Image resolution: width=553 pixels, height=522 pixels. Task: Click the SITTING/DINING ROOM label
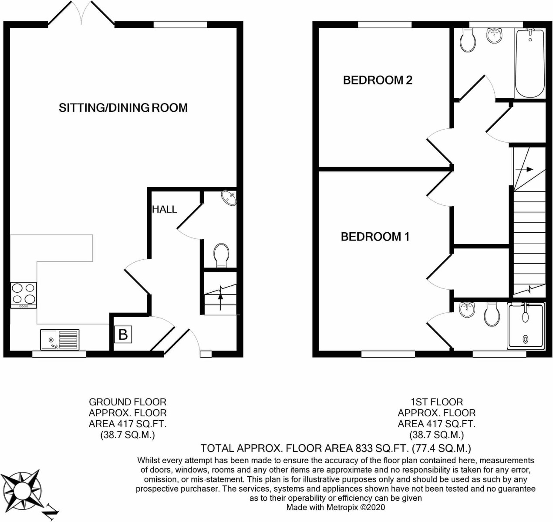point(123,108)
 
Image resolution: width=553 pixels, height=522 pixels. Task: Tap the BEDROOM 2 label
point(377,80)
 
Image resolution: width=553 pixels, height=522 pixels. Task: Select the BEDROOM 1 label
point(375,237)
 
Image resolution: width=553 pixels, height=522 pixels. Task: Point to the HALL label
point(165,209)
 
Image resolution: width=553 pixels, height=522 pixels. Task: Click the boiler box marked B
point(123,335)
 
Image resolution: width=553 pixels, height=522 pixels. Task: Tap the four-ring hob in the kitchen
point(24,295)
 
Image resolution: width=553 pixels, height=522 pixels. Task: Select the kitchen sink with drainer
point(60,339)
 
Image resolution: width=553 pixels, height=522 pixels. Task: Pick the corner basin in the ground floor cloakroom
point(229,198)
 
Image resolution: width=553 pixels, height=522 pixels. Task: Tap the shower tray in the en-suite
point(526,326)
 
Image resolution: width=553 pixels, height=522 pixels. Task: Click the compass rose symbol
point(21,490)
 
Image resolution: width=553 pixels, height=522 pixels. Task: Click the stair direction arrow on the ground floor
point(220,301)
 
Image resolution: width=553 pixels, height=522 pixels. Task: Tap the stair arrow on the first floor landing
point(524,169)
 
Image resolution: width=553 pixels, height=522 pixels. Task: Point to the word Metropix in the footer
point(343,507)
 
